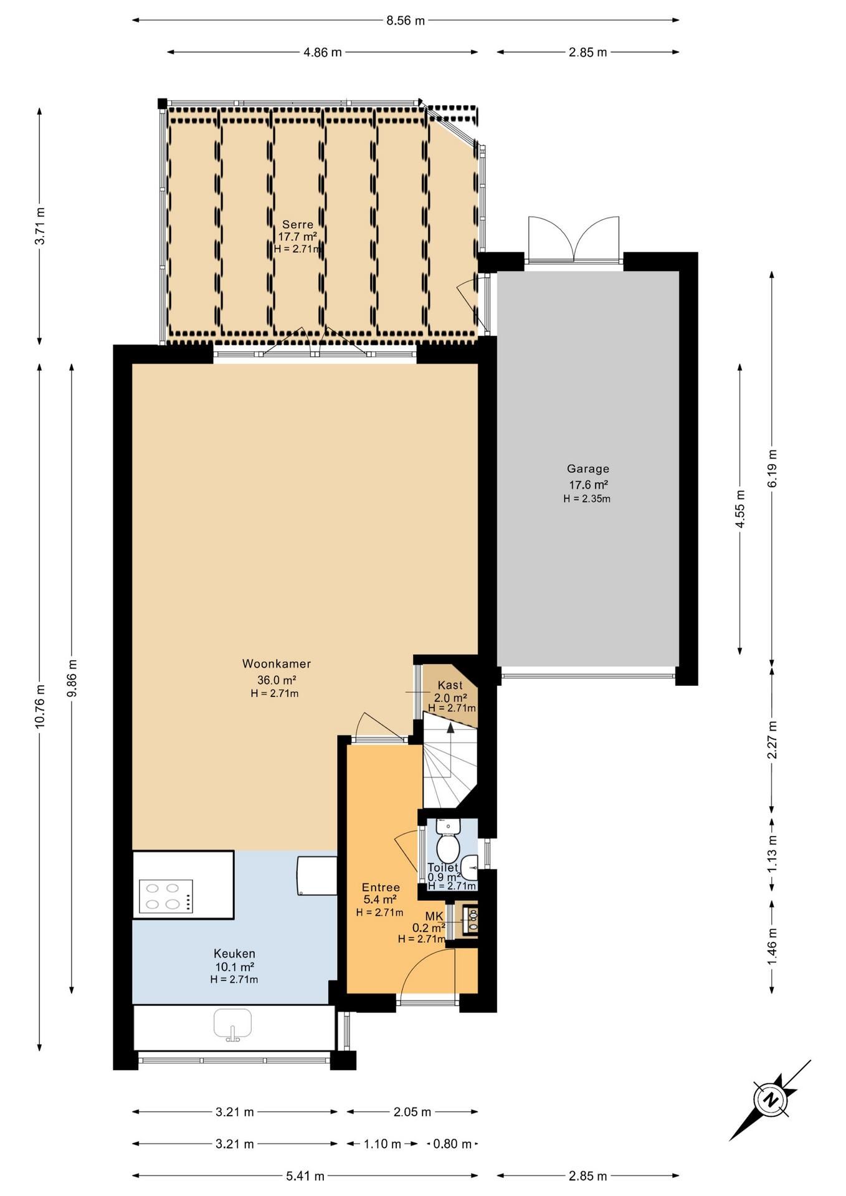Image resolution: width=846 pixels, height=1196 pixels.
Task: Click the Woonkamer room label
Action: point(277,664)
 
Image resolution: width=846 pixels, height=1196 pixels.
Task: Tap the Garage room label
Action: point(588,469)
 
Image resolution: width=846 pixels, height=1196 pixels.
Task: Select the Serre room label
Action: point(298,225)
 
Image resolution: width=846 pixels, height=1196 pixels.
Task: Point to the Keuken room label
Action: point(234,954)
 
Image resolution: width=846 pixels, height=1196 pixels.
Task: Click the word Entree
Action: point(381,888)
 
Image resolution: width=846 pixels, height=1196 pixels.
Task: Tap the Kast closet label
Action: point(450,686)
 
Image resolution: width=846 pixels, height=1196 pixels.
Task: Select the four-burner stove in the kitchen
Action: point(166,896)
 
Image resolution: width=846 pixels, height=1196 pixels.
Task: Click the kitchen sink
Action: point(232,1025)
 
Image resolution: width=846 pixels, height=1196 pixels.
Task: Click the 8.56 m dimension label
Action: point(406,21)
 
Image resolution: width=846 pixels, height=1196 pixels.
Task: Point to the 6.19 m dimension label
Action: point(772,468)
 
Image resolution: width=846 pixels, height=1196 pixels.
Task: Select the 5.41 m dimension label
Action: point(305,1176)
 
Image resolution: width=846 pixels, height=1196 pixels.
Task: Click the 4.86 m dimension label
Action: point(323,52)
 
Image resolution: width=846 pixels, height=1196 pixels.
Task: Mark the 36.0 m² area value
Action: point(277,680)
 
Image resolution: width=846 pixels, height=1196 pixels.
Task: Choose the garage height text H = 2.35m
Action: point(587,498)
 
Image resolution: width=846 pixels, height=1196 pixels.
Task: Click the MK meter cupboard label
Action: point(434,916)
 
